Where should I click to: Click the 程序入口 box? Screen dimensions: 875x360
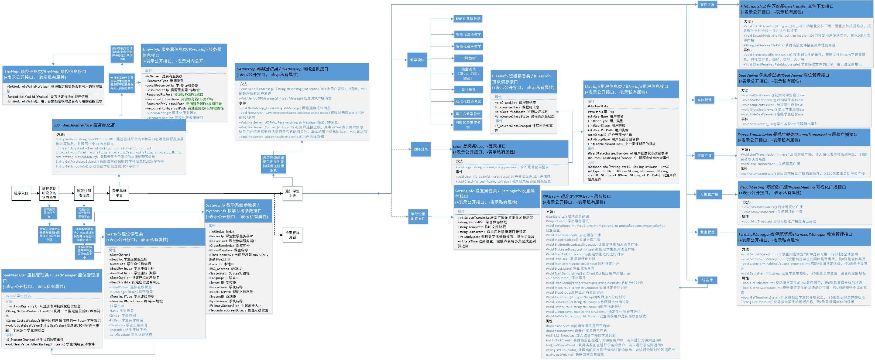(x=21, y=193)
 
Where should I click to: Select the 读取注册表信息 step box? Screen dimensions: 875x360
(x=84, y=193)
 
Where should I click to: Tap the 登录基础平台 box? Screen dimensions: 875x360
(x=119, y=193)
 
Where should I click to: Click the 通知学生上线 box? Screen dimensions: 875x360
(x=293, y=193)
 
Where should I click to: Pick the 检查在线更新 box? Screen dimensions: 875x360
(x=293, y=235)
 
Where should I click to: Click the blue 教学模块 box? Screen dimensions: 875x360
(x=417, y=60)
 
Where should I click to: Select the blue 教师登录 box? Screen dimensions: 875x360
(x=421, y=149)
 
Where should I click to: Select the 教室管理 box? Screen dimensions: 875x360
(x=707, y=232)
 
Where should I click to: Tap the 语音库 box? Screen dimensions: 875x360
(x=707, y=280)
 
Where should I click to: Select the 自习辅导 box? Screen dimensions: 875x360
(x=468, y=90)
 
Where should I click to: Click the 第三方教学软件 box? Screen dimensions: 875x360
(x=468, y=114)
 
